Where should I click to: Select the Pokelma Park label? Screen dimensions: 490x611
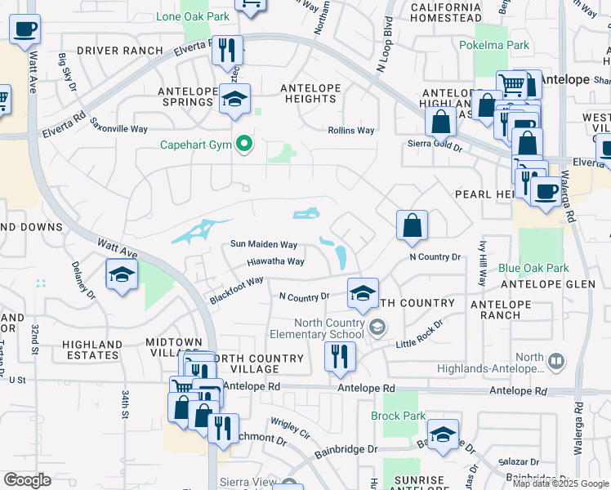click(494, 46)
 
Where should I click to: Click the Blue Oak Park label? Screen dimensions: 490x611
click(533, 268)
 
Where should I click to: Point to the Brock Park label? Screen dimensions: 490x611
click(398, 416)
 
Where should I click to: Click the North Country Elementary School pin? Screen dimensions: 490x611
click(377, 327)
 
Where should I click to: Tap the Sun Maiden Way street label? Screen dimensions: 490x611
click(263, 244)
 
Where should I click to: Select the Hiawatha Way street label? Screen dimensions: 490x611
click(276, 262)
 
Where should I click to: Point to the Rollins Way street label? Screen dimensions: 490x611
click(351, 131)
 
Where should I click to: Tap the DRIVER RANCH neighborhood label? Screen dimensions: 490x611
click(120, 51)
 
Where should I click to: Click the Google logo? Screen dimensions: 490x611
click(27, 479)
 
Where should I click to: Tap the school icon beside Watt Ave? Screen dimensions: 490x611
click(122, 274)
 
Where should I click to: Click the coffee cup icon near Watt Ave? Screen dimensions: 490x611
click(25, 29)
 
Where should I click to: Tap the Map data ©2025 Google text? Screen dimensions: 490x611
click(560, 483)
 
